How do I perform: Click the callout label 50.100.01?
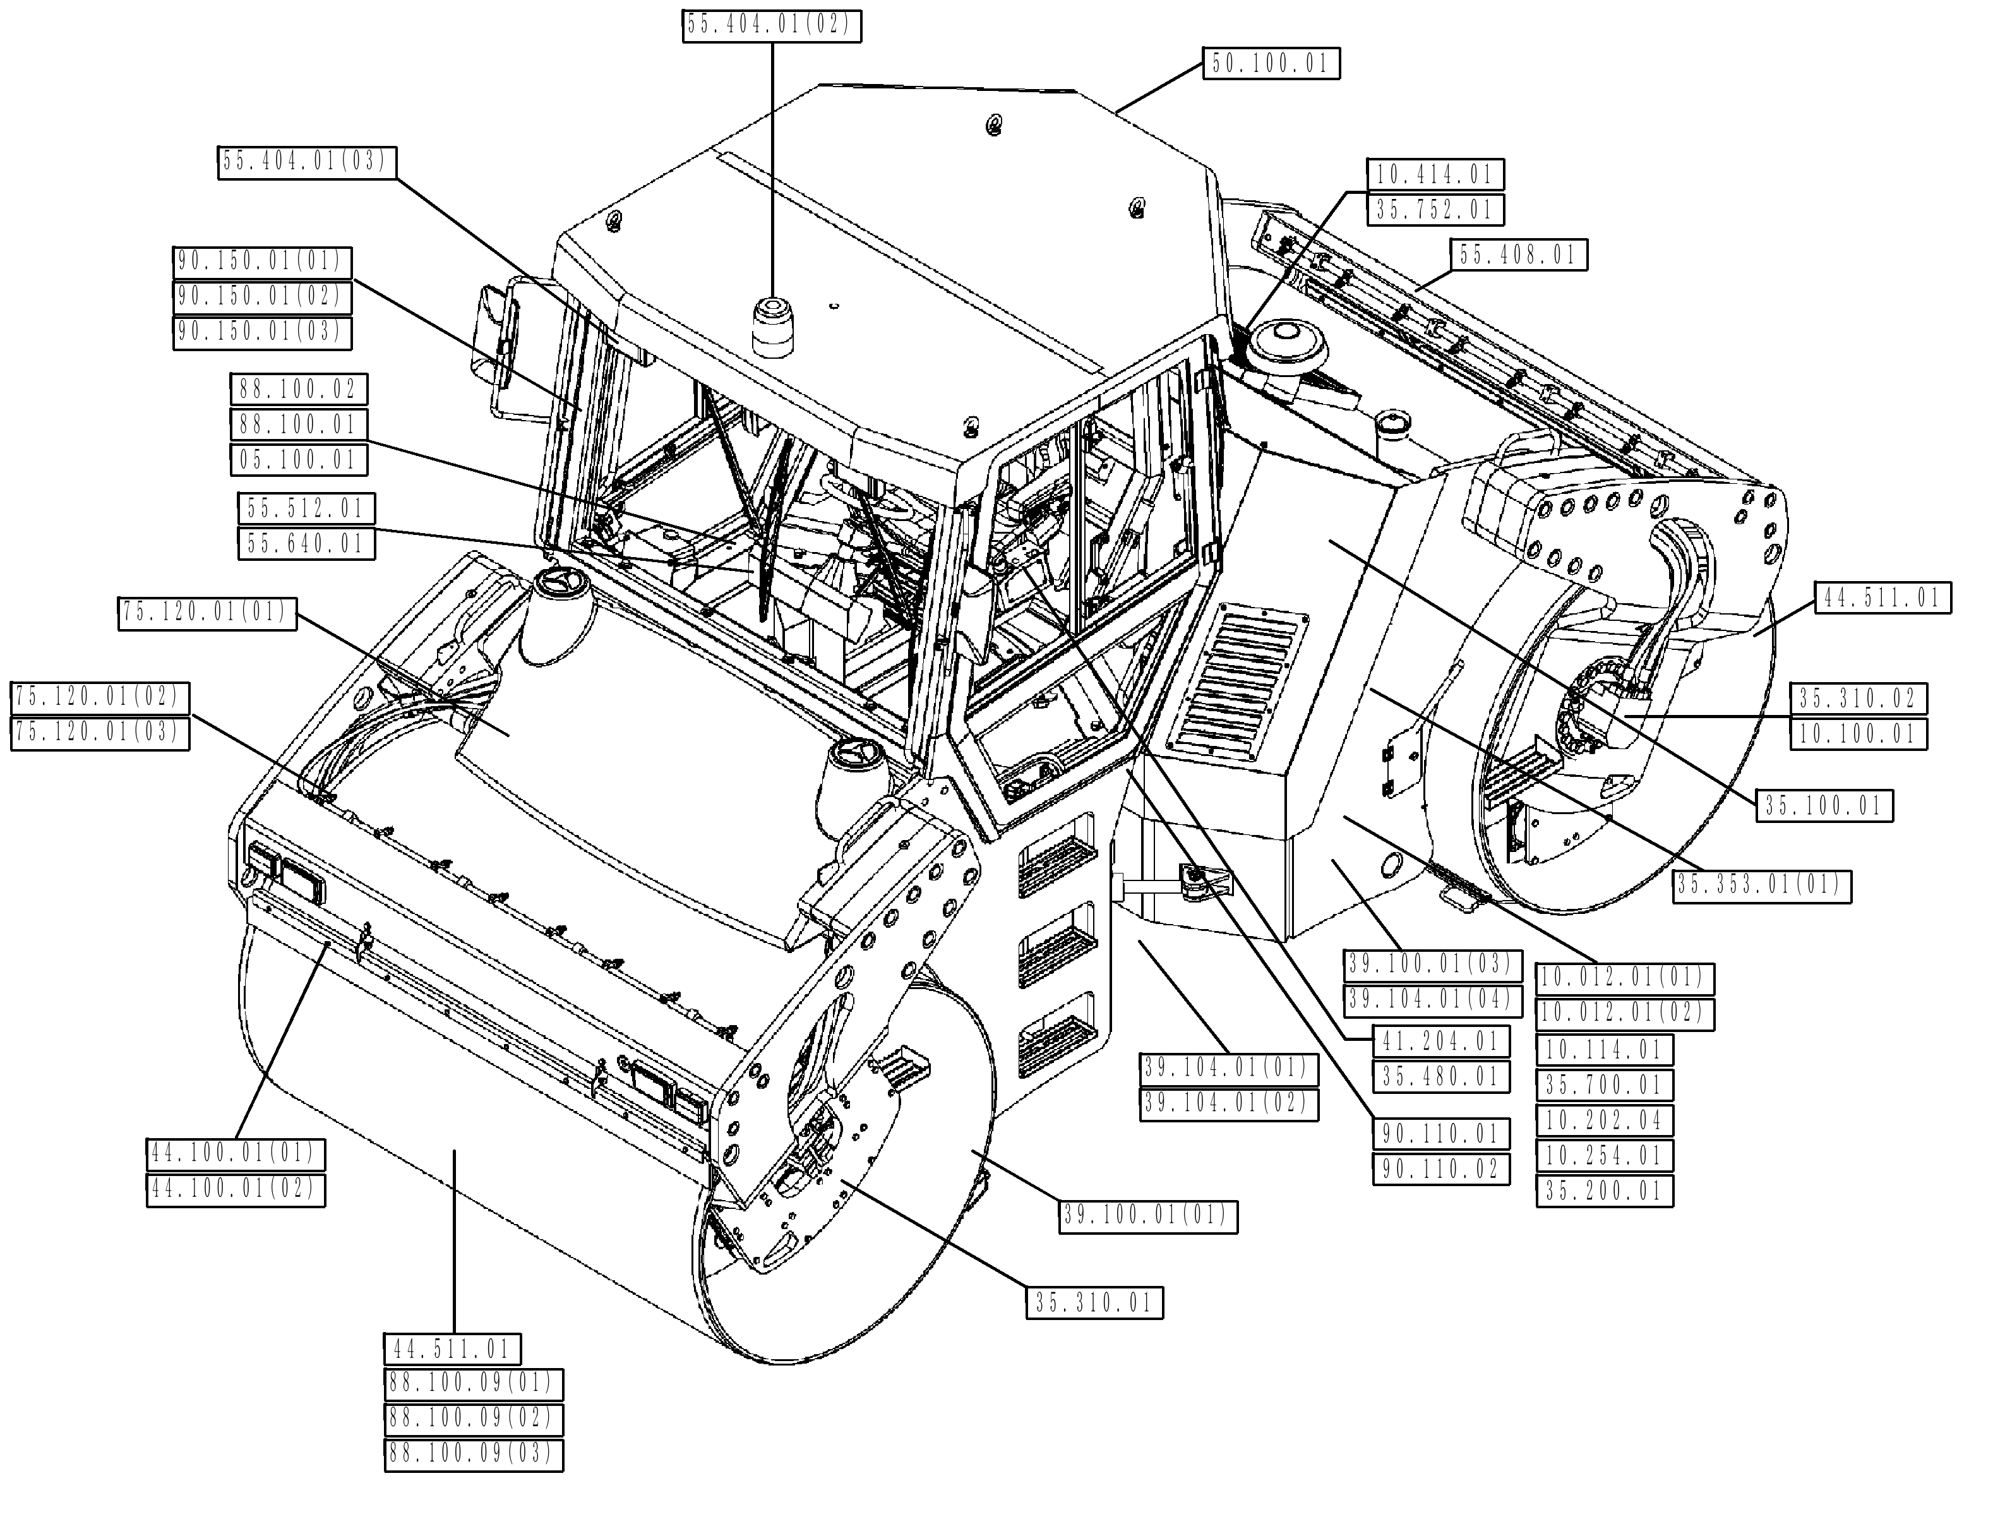pyautogui.click(x=1271, y=64)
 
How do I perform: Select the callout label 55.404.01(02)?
pyautogui.click(x=771, y=25)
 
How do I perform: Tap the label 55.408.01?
pyautogui.click(x=1518, y=255)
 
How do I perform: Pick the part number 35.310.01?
pyautogui.click(x=1094, y=1303)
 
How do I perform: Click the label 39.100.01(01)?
pyautogui.click(x=1147, y=1216)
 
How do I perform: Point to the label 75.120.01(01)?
pyautogui.click(x=208, y=613)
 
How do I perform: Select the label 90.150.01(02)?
pyautogui.click(x=261, y=297)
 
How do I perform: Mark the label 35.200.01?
pyautogui.click(x=1604, y=1192)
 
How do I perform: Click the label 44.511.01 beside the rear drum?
pyautogui.click(x=1882, y=599)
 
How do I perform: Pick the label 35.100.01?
pyautogui.click(x=1824, y=805)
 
